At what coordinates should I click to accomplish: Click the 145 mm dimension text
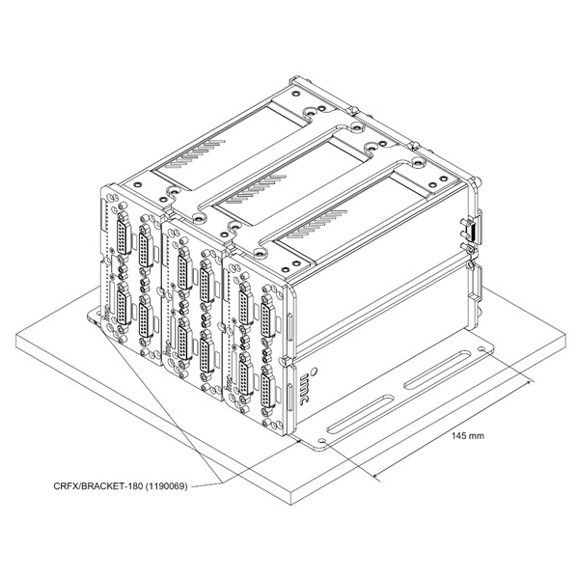(468, 436)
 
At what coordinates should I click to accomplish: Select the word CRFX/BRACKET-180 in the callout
(96, 487)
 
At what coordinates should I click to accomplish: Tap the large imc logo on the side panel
(309, 380)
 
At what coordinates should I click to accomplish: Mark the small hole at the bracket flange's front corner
(319, 442)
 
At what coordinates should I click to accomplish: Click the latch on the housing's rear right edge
(467, 231)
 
